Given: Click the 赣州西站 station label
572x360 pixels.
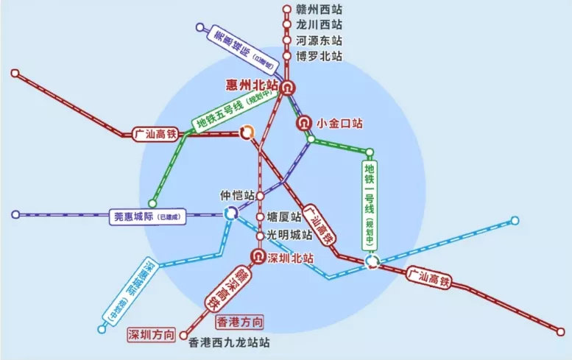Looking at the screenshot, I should click(319, 10).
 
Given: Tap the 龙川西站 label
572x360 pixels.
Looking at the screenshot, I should click(319, 26).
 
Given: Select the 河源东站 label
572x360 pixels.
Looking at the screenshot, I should click(319, 41).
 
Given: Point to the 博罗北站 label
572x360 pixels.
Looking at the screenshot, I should click(319, 56).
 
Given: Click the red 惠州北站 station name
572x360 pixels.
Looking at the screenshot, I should click(253, 85).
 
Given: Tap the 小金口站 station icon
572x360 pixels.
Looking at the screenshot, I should click(303, 124).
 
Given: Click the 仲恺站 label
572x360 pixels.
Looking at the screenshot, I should click(236, 197).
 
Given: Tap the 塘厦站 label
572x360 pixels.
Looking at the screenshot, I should click(284, 218).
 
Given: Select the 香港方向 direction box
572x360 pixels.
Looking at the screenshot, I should click(239, 322).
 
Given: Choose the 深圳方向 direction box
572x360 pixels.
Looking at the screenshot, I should click(152, 335).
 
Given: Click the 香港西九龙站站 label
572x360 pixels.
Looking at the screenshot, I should click(229, 342).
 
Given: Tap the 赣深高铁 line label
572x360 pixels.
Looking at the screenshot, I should click(226, 289).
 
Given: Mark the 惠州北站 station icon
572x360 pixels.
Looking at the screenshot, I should click(286, 86).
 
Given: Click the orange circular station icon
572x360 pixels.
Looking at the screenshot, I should click(247, 133).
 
